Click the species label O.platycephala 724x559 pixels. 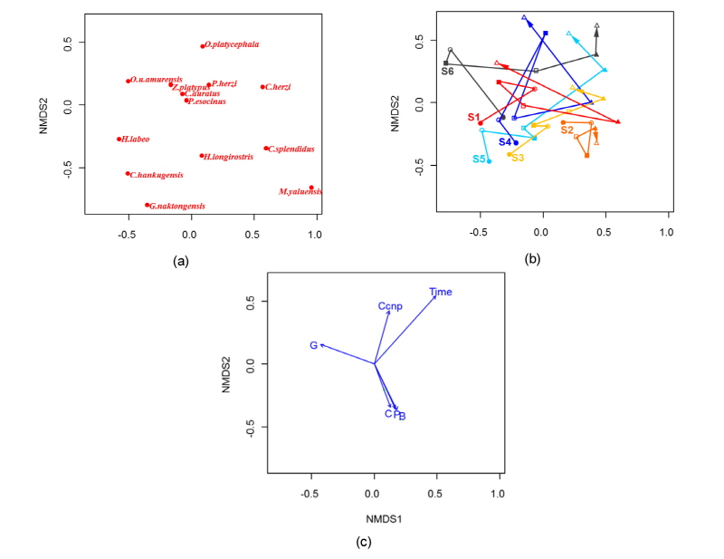point(233,44)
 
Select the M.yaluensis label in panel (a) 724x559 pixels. point(300,192)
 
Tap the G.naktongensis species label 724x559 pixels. point(177,207)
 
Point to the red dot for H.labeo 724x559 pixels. point(119,140)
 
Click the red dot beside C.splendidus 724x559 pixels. point(265,149)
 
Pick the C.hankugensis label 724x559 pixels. point(157,175)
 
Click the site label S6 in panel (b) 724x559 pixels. point(447,71)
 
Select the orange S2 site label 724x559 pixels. point(567,130)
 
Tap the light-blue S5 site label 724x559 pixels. point(479,159)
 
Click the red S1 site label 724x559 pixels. point(473,117)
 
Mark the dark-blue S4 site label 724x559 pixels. point(505,142)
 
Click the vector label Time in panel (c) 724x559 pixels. point(441,292)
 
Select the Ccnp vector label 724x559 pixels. point(390,306)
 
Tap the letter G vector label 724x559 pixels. point(313,345)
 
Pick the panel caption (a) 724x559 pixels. point(181,261)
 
